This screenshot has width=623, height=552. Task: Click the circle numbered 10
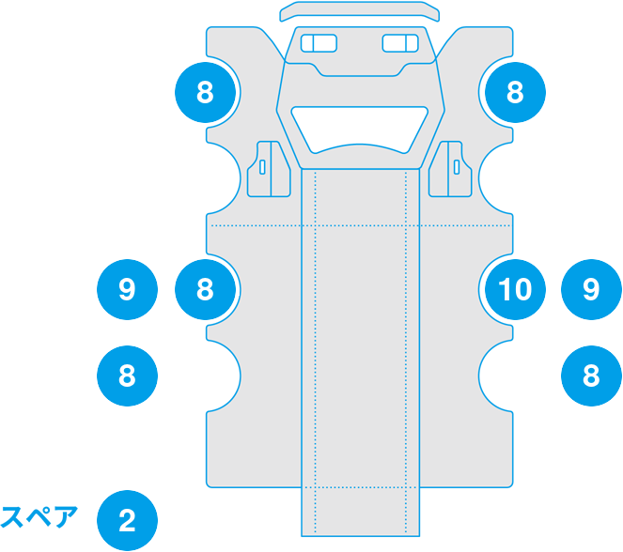(514, 289)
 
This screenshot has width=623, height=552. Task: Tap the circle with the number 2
(127, 520)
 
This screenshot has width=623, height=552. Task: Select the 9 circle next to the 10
(591, 289)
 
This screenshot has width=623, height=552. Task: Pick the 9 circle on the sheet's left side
(127, 289)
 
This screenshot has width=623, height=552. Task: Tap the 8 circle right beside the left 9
(206, 289)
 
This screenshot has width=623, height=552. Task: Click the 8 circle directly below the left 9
(127, 376)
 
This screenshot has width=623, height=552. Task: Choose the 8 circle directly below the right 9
(591, 376)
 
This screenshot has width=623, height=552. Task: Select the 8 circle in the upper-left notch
(206, 92)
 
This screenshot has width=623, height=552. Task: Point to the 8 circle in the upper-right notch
(514, 92)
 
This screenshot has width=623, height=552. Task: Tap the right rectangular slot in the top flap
(400, 43)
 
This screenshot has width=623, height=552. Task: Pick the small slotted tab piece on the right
(453, 169)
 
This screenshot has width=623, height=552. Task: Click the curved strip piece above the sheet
(360, 10)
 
